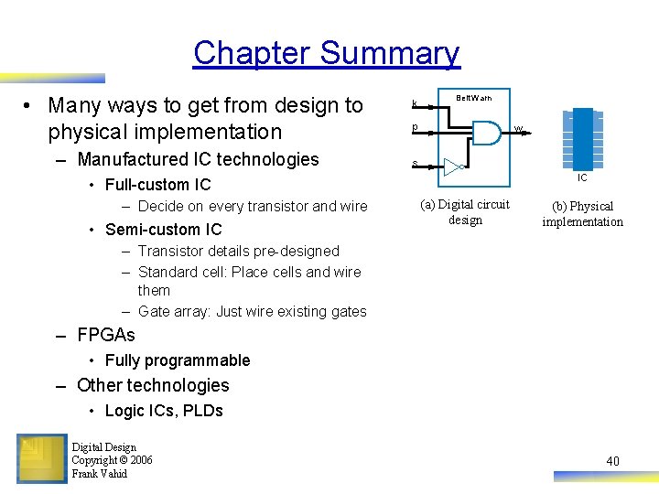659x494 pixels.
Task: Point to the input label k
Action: point(415,104)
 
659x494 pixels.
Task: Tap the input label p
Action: point(415,127)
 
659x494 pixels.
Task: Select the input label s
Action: point(415,164)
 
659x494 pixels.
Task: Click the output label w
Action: point(518,129)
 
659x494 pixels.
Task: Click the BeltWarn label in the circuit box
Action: point(473,98)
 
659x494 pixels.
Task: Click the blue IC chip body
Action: point(581,137)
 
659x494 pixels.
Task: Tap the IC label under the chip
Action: point(582,177)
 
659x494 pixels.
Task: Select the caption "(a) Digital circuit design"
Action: point(465,212)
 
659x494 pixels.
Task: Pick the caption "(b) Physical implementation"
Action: point(582,214)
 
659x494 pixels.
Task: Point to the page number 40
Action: point(612,461)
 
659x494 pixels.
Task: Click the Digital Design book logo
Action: point(41,458)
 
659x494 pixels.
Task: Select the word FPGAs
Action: point(106,335)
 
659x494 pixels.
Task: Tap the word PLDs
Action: point(202,411)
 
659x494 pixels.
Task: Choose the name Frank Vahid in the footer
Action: point(100,474)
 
